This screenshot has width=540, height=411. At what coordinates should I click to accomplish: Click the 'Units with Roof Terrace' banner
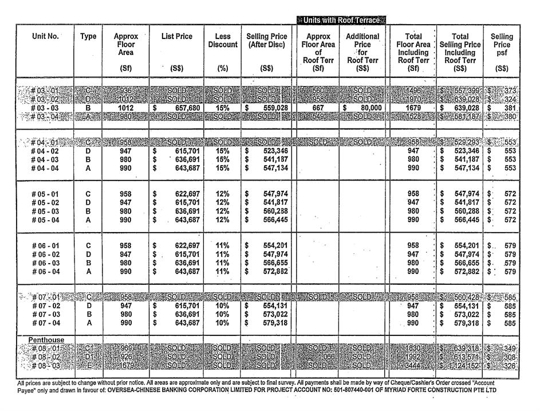pos(341,20)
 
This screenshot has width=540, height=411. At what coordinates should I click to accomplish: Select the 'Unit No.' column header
pos(45,36)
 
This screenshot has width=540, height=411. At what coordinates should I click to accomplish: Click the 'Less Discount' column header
pos(222,40)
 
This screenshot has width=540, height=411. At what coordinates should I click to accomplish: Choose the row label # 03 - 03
pos(45,107)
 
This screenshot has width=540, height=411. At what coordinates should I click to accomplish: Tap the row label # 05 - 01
pos(45,194)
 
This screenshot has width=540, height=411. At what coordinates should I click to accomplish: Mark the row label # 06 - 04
pos(45,272)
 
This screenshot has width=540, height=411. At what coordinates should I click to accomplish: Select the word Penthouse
pos(46,340)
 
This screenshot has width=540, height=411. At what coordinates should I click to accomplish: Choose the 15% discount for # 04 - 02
pos(222,151)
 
